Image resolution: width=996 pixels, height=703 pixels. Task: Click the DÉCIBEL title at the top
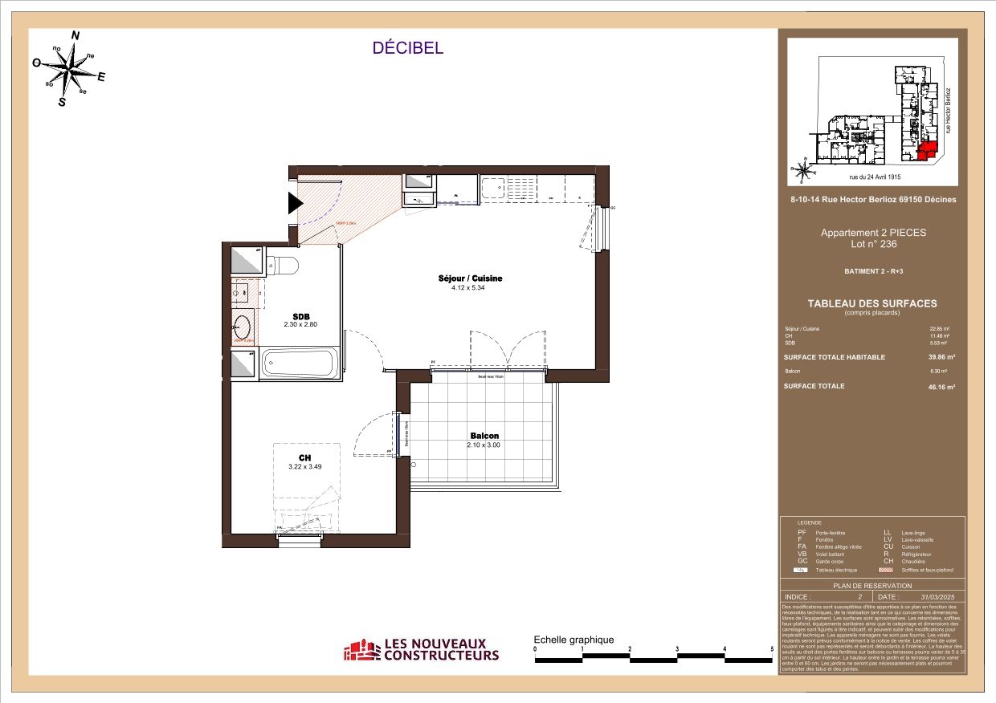407,48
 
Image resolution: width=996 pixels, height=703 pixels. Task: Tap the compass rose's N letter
76,35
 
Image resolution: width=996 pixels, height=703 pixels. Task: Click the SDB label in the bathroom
301,315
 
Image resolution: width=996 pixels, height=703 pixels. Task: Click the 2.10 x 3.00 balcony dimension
484,445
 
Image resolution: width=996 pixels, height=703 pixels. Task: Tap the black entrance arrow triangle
295,205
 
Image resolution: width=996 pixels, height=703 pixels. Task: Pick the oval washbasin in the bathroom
243,326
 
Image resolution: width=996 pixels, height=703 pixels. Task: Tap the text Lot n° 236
872,244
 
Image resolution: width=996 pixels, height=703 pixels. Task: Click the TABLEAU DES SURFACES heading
872,303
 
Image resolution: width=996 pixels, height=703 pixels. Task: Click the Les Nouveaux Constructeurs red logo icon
361,650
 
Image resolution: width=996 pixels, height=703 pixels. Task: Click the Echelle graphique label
574,640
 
